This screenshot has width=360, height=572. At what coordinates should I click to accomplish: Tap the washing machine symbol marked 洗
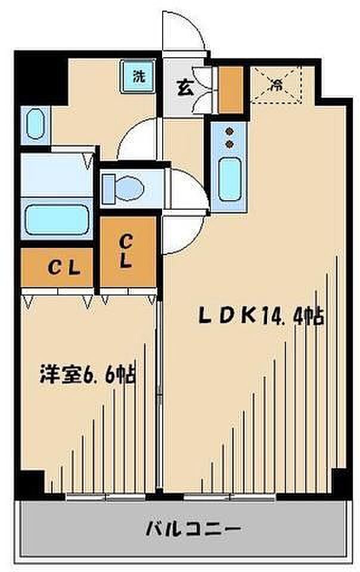pyautogui.click(x=138, y=77)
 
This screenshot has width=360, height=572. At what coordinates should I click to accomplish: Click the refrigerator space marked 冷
pyautogui.click(x=275, y=85)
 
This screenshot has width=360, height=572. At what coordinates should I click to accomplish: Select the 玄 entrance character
pyautogui.click(x=184, y=88)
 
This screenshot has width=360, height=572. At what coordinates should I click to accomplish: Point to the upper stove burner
pyautogui.click(x=229, y=133)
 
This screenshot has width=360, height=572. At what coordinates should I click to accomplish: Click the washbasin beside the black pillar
pyautogui.click(x=35, y=125)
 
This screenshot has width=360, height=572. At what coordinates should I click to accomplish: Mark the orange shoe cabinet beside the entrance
pyautogui.click(x=231, y=89)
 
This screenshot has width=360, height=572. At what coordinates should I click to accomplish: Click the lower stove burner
pyautogui.click(x=229, y=145)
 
